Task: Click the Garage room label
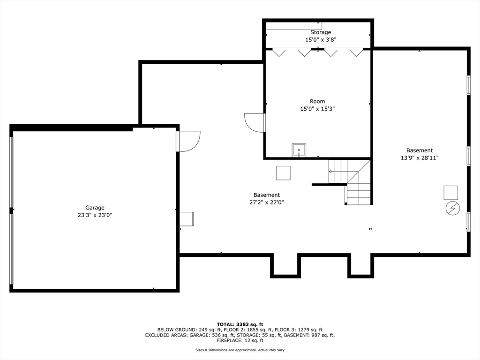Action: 95,208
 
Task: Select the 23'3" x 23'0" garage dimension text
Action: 95,215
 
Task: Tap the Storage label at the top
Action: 321,32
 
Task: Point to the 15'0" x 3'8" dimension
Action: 321,40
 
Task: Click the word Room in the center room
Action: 317,101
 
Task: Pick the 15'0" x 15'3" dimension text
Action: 317,109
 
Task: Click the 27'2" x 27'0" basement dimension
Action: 267,202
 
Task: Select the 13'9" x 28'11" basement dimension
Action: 420,158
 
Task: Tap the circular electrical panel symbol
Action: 452,208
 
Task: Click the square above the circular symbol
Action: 451,192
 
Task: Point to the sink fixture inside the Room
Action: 299,150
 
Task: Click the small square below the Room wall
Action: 283,173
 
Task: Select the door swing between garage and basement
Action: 189,141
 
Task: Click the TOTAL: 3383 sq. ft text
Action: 240,324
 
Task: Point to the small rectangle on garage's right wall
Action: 187,219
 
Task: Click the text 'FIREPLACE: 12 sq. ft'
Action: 240,341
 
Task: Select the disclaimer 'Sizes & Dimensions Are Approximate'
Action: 225,350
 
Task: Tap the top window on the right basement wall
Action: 468,85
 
